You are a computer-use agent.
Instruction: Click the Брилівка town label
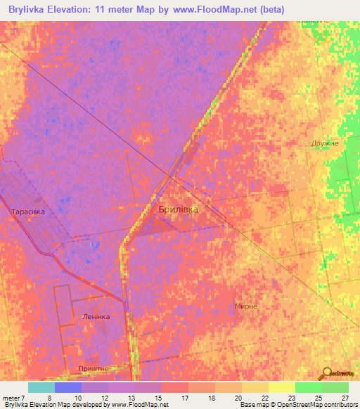178,209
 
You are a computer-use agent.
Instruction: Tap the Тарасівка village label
28,211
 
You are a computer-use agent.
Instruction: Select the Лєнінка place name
96,316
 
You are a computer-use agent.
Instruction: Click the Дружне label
325,143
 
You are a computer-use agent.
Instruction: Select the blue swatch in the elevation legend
68,387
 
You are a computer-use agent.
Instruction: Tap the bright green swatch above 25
308,387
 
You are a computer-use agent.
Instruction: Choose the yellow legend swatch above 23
281,387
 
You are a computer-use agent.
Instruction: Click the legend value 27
344,398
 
